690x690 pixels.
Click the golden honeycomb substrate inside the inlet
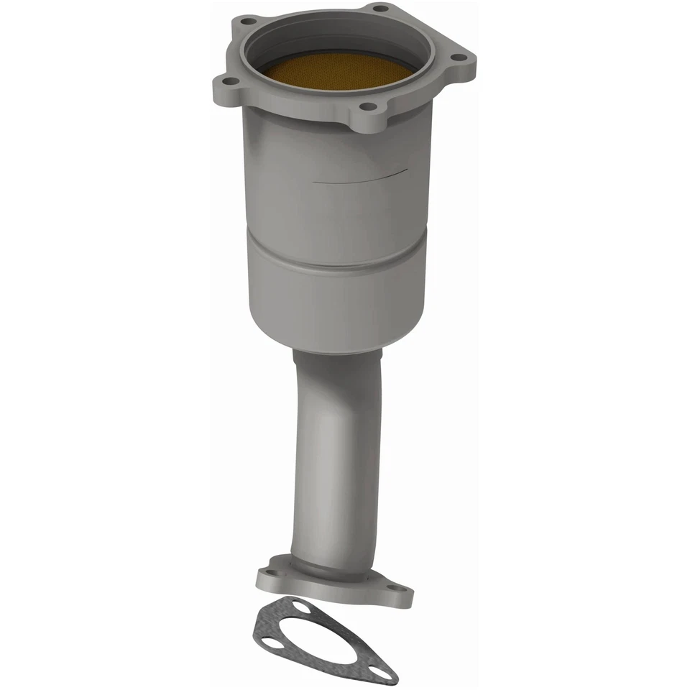[344, 71]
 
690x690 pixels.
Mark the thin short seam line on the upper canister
[363, 177]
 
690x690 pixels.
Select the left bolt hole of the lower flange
[268, 576]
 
